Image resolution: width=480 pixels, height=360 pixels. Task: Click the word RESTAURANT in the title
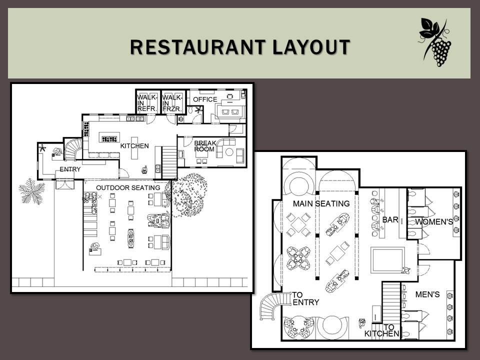coord(197,47)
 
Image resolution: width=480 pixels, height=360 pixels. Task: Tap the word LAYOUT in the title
coord(311,47)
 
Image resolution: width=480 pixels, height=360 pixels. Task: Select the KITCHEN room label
coord(134,146)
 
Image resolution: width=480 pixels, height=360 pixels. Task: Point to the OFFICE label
coord(205,99)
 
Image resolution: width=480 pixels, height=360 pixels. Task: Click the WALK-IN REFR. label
coord(147,103)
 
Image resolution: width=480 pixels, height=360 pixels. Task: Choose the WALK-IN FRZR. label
coord(172,103)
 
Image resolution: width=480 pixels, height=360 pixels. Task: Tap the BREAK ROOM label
coord(205,146)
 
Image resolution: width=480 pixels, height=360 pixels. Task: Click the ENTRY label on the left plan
coord(70,169)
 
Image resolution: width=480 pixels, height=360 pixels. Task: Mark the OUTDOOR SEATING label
coord(128,187)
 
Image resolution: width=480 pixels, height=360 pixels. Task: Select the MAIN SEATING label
coord(321,203)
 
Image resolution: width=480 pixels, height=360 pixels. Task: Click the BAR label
coord(390,219)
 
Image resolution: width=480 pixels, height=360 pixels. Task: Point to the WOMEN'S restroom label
coord(434,221)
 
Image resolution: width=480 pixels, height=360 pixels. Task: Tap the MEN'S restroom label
coord(427,294)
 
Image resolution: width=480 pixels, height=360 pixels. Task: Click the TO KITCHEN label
coord(382,330)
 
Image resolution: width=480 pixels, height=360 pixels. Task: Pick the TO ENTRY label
coord(305,298)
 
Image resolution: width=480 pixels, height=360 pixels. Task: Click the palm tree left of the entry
coord(32,191)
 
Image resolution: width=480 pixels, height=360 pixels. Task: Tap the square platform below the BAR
coord(387,260)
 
